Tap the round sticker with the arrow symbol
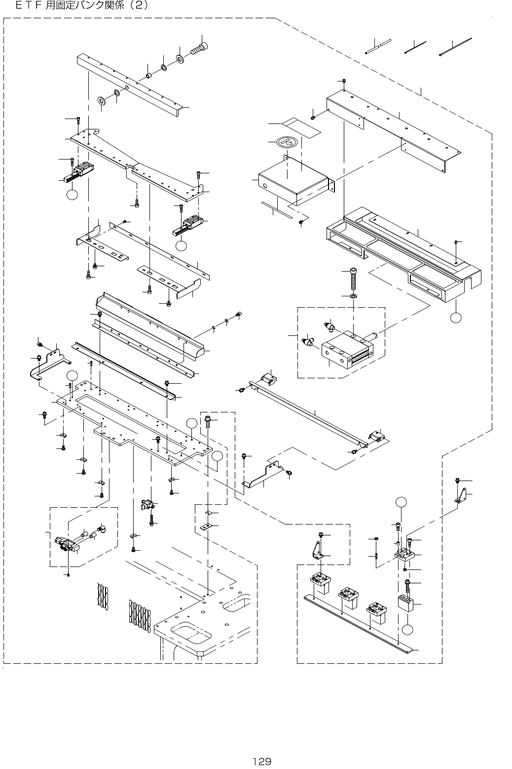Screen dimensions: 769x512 point(288,142)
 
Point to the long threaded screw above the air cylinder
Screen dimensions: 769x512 point(353,279)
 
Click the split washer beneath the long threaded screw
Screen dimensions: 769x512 point(354,296)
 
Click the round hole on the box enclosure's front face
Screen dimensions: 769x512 point(265,186)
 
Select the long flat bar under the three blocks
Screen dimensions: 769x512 point(360,624)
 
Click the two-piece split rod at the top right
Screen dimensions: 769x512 point(378,46)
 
